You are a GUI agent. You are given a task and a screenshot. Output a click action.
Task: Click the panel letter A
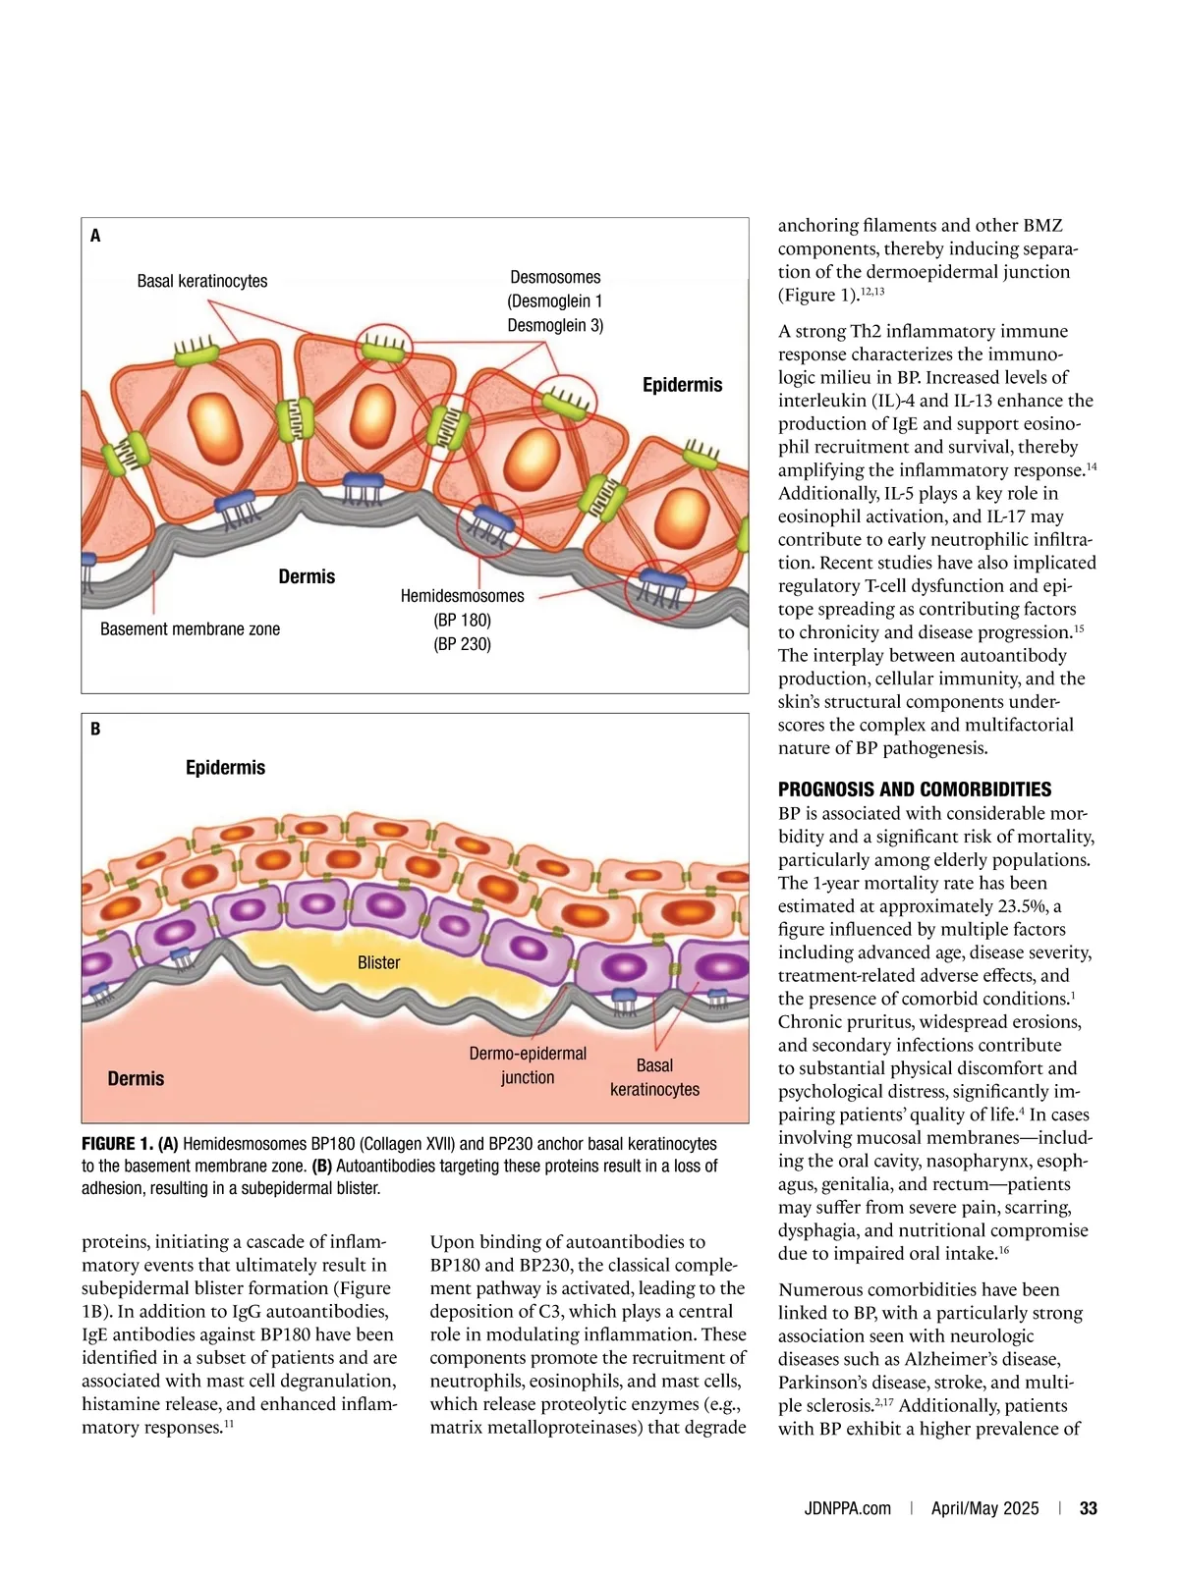(95, 236)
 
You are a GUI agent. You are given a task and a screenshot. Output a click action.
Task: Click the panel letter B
(95, 729)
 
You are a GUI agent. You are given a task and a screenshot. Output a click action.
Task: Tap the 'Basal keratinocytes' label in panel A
(202, 281)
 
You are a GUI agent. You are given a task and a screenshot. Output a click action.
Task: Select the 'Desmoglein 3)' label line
(555, 325)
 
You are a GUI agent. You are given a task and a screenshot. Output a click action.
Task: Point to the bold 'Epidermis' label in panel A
(682, 385)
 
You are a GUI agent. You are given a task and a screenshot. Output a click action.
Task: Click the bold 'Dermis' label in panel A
(307, 576)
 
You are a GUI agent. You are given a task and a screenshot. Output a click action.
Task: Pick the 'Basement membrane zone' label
(190, 628)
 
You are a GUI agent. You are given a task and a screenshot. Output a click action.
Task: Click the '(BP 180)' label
(462, 620)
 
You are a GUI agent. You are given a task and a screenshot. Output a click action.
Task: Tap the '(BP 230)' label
(462, 644)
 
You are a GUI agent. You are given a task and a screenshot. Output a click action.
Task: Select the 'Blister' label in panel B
(378, 962)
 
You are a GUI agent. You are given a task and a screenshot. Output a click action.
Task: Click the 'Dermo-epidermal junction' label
(528, 1065)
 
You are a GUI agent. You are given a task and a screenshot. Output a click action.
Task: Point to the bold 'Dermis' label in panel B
(136, 1078)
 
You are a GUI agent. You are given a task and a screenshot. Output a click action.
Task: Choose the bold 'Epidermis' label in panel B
(225, 767)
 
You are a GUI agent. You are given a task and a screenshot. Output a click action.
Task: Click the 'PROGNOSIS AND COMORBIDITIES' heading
(915, 789)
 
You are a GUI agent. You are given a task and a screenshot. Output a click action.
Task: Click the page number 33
(1089, 1508)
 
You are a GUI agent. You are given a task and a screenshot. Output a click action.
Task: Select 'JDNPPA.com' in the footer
(847, 1508)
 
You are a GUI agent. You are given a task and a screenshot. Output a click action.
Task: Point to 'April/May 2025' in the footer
(984, 1508)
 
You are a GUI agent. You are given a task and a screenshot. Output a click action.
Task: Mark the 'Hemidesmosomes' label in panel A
(462, 596)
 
